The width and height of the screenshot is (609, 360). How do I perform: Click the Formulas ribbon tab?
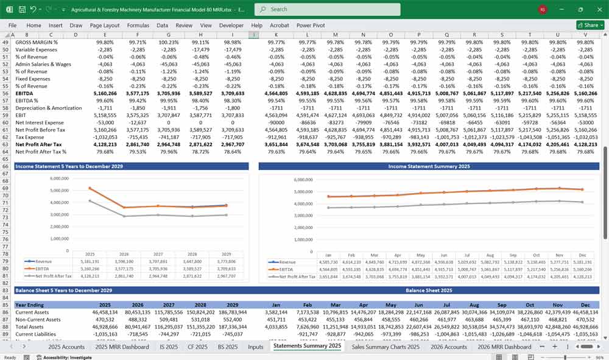138,26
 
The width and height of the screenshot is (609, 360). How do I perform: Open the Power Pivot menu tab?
311,26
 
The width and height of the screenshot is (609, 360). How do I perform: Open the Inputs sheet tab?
255,347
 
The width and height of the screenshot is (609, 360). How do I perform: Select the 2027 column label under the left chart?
157,254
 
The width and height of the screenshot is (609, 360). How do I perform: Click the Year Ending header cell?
29,305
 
